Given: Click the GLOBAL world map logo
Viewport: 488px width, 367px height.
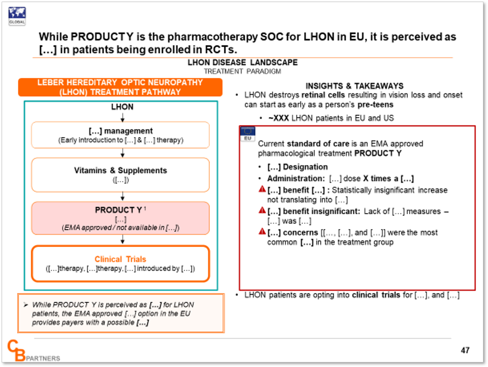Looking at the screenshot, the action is point(17,16).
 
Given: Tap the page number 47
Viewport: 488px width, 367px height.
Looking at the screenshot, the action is point(465,350).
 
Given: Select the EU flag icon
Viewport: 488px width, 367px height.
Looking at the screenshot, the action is point(248,134).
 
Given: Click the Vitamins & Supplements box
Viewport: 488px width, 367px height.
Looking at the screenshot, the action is point(120,175).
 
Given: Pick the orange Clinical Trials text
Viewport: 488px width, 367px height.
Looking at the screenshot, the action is point(120,259).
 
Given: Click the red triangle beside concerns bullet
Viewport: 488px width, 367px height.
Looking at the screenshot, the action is point(262,232).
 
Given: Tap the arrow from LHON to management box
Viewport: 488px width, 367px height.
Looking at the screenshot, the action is point(123,117).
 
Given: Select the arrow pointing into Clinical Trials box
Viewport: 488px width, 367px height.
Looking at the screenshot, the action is point(123,239).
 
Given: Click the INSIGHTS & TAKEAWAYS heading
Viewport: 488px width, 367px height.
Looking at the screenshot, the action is point(355,86).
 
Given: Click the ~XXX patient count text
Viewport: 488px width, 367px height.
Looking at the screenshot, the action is point(279,118).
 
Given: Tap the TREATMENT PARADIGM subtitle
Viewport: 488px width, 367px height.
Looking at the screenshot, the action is point(242,72).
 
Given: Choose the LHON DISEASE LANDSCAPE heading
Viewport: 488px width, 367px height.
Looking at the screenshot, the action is point(242,62).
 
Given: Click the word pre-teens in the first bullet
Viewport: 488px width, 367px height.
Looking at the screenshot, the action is point(375,105).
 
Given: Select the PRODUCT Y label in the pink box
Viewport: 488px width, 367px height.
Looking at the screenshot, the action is point(118,210).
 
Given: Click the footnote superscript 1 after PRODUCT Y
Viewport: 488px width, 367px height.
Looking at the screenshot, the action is point(145,209).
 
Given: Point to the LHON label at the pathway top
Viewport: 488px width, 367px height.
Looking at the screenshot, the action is point(122,107).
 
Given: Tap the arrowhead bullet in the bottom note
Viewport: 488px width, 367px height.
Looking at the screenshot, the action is point(26,305).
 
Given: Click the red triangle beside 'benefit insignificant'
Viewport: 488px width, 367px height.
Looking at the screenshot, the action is point(262,210).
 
